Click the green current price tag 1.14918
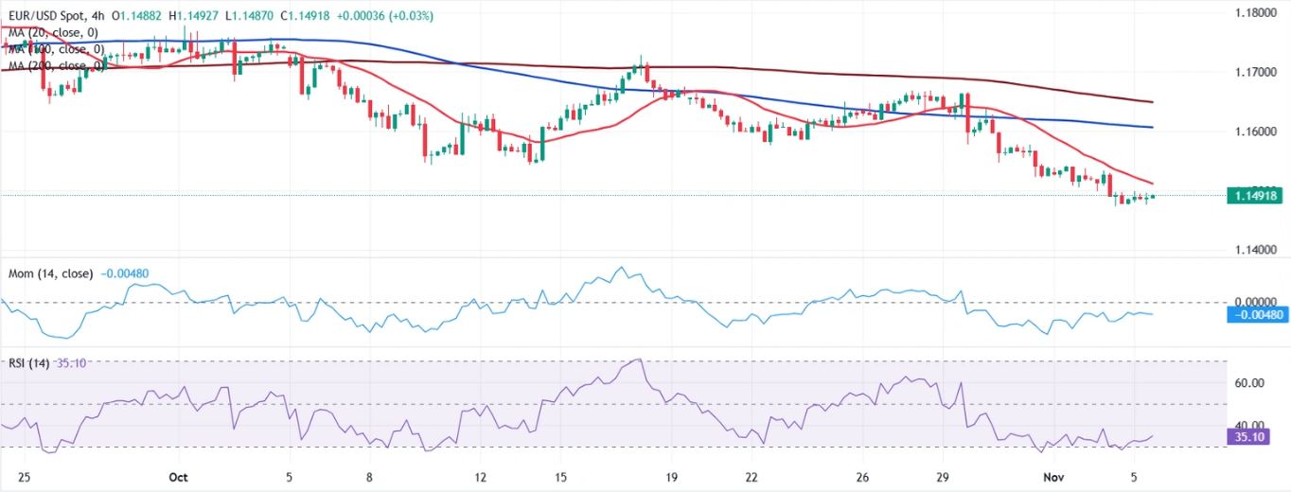point(1256,196)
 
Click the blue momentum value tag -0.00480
point(1256,314)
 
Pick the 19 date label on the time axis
point(671,477)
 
